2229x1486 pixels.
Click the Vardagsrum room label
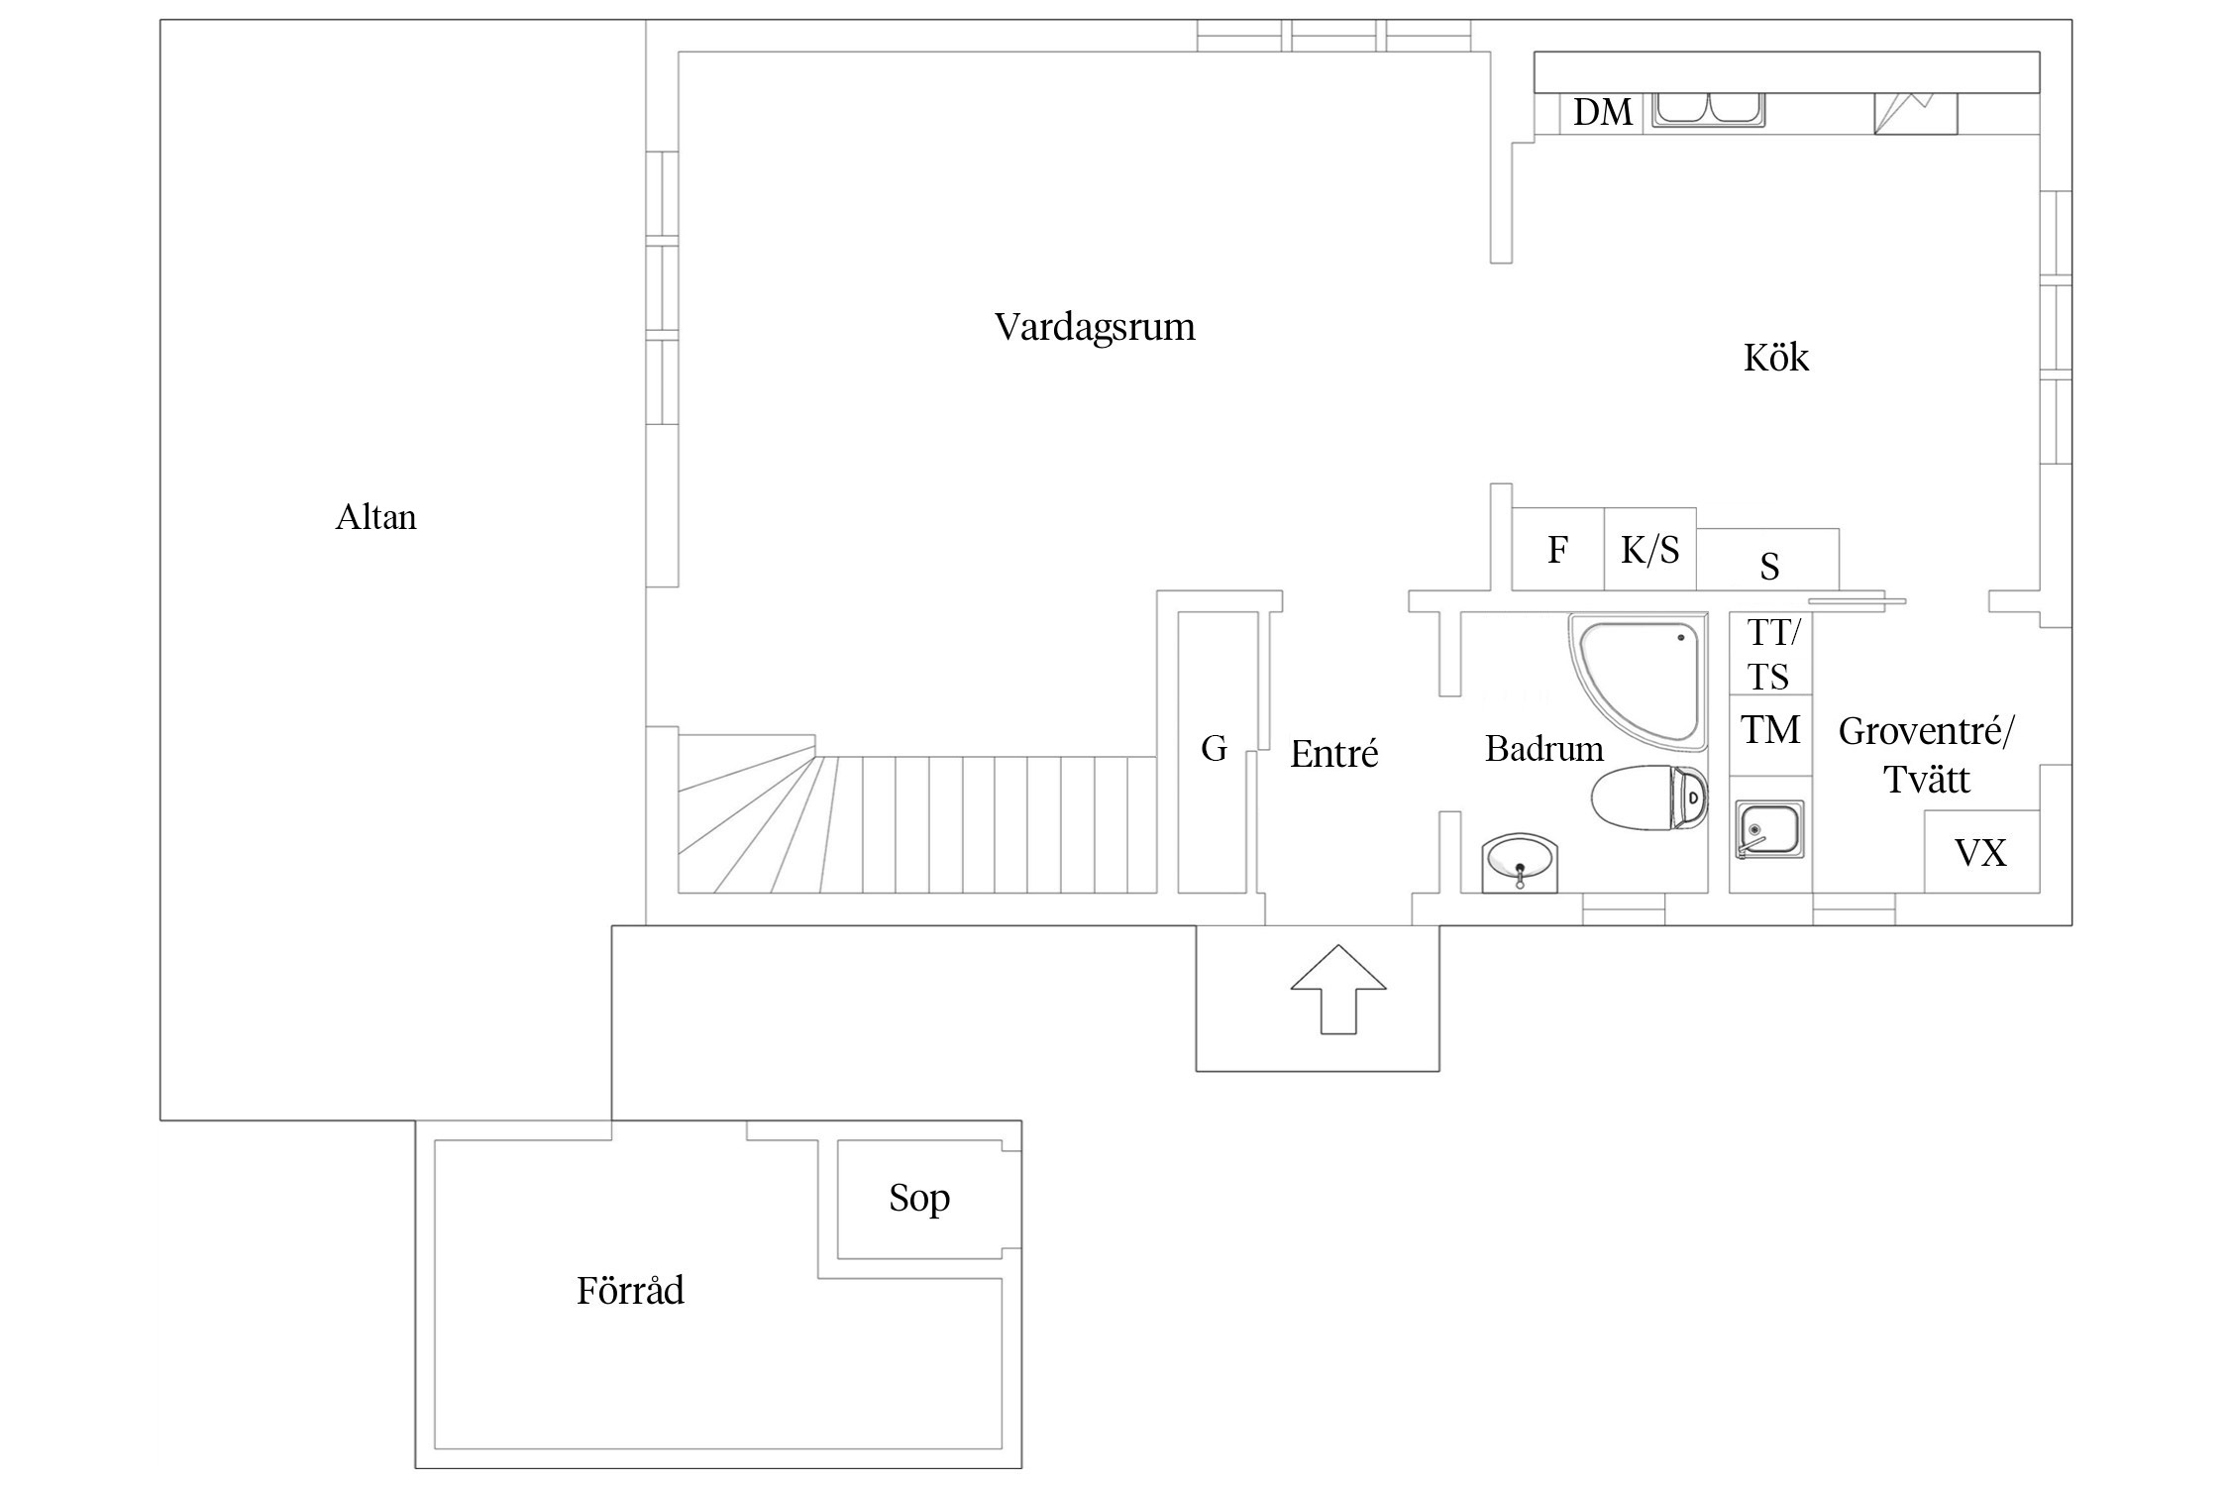point(1095,327)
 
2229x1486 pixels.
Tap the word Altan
point(375,517)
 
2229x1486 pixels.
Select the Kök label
point(1776,357)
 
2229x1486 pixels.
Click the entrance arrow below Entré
point(1338,989)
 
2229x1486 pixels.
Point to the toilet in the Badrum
point(1649,797)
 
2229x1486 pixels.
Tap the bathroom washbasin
point(1520,863)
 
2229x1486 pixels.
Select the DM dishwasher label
point(1603,113)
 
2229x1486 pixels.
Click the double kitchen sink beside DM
point(1708,110)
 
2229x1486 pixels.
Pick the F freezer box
point(1558,550)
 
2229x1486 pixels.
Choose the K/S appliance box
point(1650,550)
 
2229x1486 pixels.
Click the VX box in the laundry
point(1981,852)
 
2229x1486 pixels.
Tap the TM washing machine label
point(1770,730)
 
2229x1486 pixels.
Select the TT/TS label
point(1772,654)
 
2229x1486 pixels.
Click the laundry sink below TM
point(1769,829)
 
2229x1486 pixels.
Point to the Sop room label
point(919,1199)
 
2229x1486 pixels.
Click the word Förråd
point(631,1290)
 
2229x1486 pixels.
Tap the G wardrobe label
point(1214,748)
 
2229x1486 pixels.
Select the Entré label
point(1334,754)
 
